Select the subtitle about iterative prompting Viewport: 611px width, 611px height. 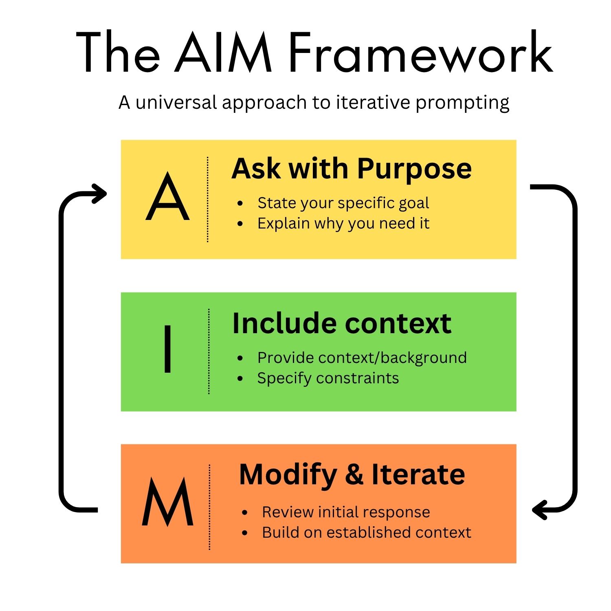click(314, 102)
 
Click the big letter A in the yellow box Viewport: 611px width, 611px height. click(167, 197)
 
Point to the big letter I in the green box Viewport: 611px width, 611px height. click(167, 349)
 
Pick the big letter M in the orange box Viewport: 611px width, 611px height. click(167, 502)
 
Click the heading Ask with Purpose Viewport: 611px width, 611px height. click(352, 169)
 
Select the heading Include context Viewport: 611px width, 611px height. click(342, 323)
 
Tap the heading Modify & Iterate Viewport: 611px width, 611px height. click(352, 475)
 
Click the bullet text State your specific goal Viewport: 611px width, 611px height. click(343, 203)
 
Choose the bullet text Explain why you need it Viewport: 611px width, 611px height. click(343, 223)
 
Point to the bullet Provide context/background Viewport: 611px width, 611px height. click(362, 358)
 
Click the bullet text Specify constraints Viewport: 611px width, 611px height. click(328, 378)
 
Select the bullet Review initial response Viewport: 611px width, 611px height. click(346, 512)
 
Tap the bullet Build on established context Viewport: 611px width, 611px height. click(366, 532)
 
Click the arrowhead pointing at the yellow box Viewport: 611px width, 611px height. click(100, 193)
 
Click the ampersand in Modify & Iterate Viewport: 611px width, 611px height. click(354, 475)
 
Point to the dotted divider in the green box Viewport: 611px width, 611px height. click(209, 351)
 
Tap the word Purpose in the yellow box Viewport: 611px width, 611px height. click(414, 169)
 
